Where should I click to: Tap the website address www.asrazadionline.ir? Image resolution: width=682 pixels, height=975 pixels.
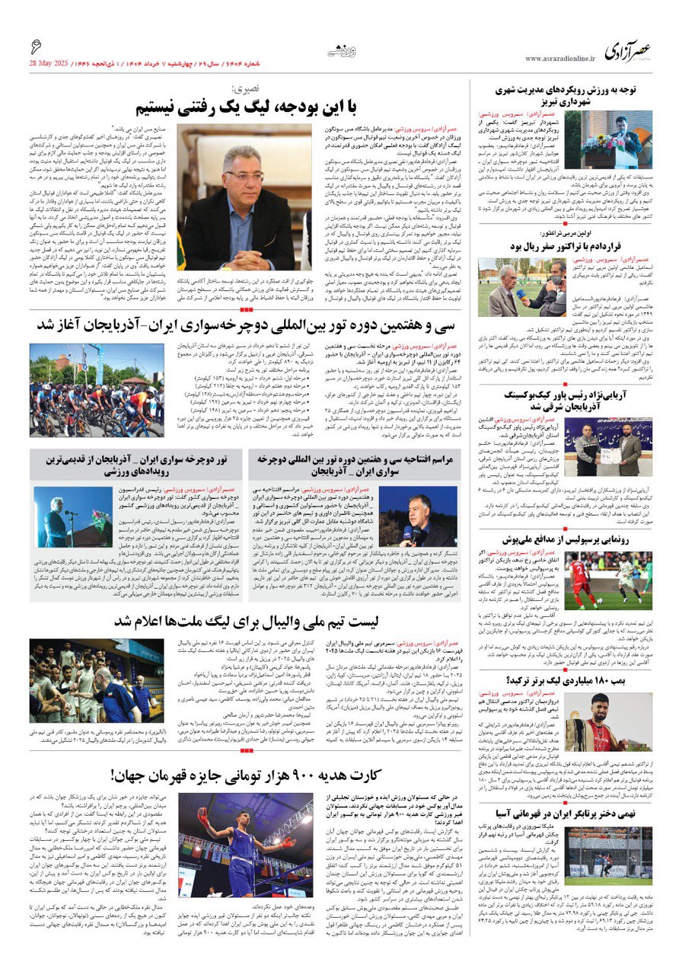click(559, 59)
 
